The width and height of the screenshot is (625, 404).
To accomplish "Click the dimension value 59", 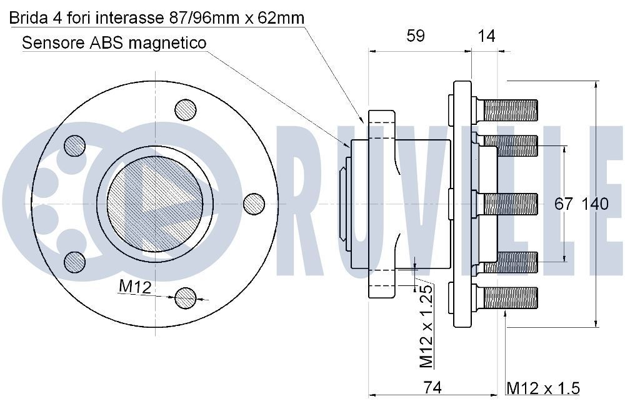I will click(416, 36).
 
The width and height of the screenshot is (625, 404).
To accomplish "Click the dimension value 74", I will click(432, 388).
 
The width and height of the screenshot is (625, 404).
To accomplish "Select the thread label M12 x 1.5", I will click(542, 388).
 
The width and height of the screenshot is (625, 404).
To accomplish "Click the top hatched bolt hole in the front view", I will click(185, 111).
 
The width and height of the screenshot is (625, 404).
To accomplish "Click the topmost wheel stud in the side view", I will click(509, 111).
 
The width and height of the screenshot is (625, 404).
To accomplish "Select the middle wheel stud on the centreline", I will click(509, 204).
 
